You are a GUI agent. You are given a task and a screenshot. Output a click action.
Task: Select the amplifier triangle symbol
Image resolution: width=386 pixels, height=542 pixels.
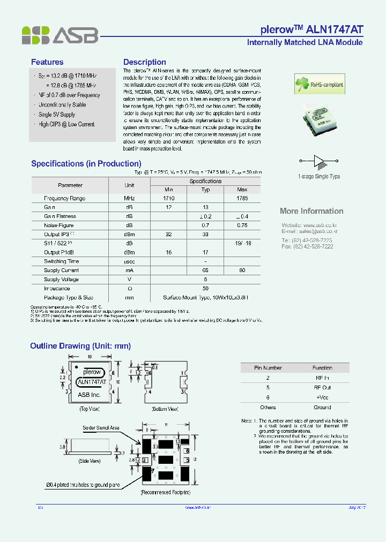319,161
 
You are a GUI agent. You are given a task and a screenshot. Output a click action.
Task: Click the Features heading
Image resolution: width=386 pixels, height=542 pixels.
47,62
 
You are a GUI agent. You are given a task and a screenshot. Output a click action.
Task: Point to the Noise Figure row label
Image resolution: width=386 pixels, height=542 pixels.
59,225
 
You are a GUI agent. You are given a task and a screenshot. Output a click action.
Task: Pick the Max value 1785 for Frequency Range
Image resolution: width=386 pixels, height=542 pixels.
242,198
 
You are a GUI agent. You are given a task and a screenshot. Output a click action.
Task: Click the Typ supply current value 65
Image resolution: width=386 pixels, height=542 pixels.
205,270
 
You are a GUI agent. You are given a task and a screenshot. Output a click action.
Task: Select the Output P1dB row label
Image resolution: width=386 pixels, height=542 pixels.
60,252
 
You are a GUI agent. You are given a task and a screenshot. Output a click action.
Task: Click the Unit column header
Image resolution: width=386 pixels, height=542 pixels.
129,185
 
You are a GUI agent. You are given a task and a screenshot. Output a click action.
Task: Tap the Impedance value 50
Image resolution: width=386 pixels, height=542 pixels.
205,288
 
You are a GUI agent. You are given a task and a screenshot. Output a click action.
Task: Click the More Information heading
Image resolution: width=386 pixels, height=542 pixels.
311,211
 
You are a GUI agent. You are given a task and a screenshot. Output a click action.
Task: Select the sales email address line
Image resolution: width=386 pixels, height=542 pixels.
309,231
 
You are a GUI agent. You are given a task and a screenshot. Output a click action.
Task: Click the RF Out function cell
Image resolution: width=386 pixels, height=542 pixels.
322,387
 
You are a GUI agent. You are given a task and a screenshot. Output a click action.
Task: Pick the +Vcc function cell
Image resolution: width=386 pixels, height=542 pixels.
322,397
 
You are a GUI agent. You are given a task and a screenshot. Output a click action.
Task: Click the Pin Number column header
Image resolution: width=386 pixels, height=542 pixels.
268,368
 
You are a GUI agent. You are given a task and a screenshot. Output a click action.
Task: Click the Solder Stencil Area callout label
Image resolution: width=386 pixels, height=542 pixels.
101,428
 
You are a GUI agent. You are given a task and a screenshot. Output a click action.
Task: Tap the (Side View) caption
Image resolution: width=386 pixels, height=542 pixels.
90,461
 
